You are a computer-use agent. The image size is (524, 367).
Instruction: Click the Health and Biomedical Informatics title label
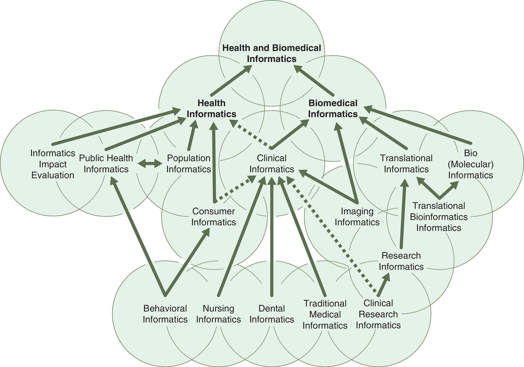pos(272,53)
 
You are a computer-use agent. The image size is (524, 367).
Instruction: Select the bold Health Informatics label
pos(211,109)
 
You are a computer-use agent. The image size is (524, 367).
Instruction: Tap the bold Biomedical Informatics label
pos(333,109)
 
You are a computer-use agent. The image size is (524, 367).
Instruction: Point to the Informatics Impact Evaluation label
pos(53,164)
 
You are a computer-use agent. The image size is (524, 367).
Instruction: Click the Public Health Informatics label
pos(106,164)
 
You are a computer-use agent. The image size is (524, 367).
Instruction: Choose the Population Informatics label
pos(189,164)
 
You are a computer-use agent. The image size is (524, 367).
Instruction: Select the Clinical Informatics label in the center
pos(272,164)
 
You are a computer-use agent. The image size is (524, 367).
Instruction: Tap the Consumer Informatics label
pos(213,217)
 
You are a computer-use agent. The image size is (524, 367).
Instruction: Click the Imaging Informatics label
pos(357,217)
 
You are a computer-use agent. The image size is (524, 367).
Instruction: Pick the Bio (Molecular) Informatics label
pos(470,164)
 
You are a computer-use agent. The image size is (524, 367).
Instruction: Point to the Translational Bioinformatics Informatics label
pos(438,217)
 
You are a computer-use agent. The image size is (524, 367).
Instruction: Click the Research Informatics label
pos(401,261)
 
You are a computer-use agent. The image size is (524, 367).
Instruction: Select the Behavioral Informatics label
pos(165,314)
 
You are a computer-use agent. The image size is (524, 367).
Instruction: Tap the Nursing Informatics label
pos(218,314)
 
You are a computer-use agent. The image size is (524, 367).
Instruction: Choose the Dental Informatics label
pos(272,314)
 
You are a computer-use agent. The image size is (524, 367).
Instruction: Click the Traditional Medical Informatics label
pos(325,314)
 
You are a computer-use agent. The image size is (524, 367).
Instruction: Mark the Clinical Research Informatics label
pos(378,314)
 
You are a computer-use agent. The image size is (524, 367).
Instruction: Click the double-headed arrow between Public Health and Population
pos(150,164)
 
